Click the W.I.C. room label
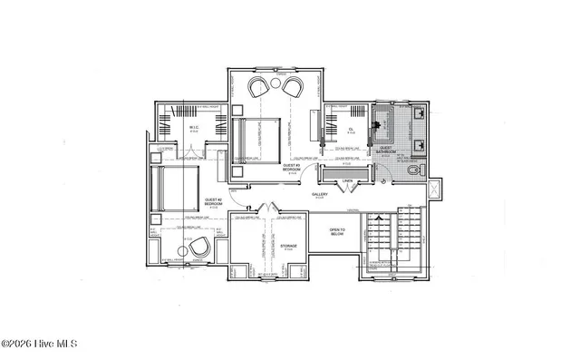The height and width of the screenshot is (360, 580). tap(194, 128)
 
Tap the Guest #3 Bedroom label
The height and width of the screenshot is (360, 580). tap(292, 168)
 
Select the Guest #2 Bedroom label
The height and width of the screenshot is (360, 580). tap(213, 202)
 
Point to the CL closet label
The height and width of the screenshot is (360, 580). tap(351, 129)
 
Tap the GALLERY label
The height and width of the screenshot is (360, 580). tap(320, 194)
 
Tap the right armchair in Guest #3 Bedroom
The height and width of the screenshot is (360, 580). tap(293, 86)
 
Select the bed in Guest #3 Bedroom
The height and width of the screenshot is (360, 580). tap(247, 140)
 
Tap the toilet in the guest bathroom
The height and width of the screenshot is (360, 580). tap(411, 171)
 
